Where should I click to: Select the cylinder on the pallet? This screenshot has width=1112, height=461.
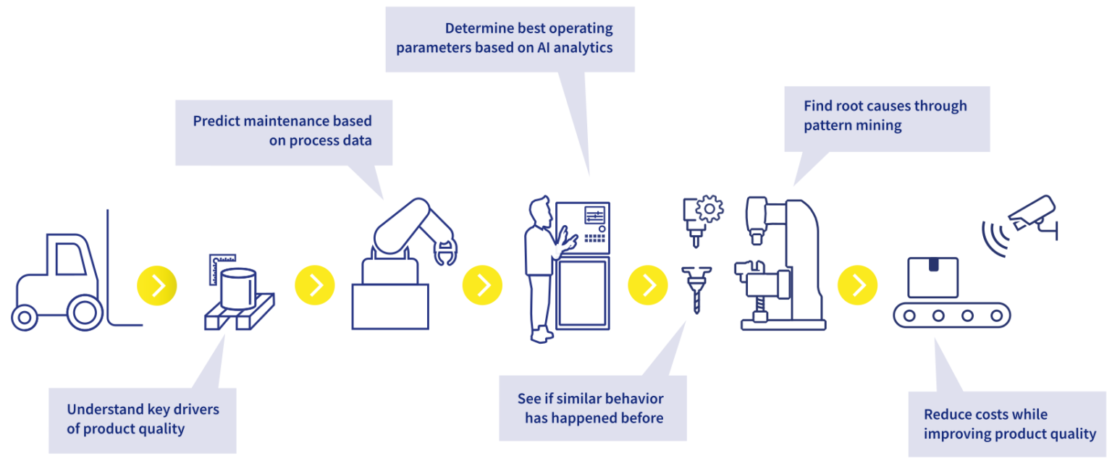238,288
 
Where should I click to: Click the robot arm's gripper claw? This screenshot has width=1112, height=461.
444,253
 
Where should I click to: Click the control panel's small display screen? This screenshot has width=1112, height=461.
594,216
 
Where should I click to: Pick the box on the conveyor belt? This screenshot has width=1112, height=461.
933,277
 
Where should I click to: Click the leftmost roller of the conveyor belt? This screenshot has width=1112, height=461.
909,316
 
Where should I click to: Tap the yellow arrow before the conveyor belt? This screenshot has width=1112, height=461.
857,285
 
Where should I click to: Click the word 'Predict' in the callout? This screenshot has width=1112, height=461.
217,121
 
